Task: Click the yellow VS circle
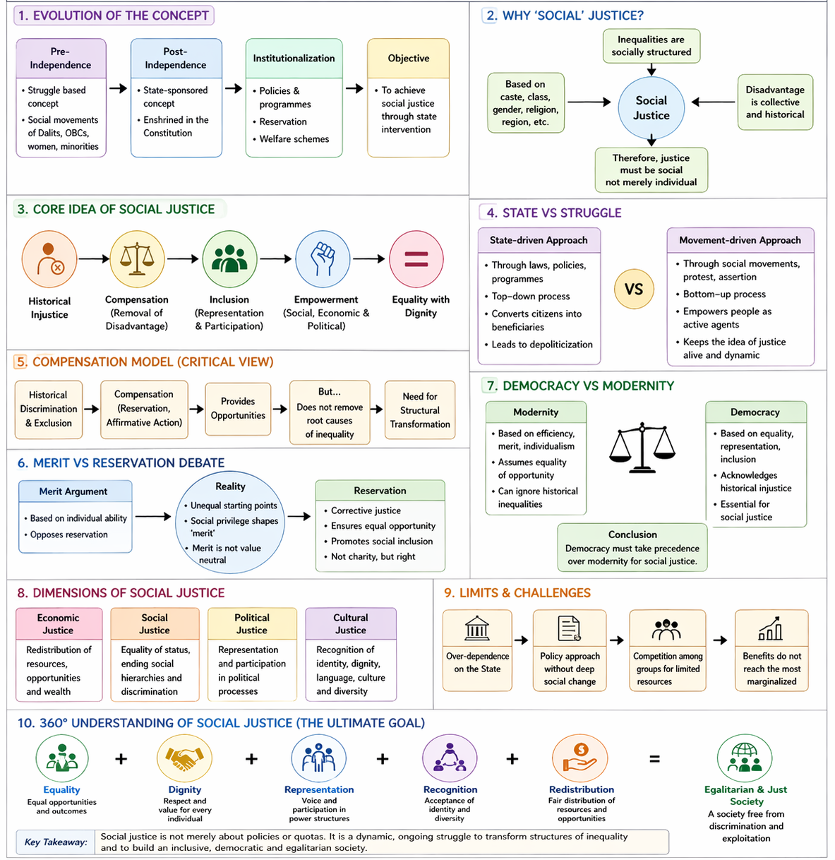pos(634,289)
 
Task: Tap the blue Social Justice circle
pos(651,107)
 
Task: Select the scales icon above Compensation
pos(137,259)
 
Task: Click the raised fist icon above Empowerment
pos(323,259)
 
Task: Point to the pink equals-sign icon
pos(416,259)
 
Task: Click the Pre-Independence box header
pos(61,59)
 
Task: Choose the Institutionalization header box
pos(294,59)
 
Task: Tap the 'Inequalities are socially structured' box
pos(651,46)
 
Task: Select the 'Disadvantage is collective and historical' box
pos(774,102)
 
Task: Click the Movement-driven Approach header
pos(740,240)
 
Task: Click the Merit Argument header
pos(74,491)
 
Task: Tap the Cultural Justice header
pos(351,623)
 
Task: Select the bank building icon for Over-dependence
pos(477,628)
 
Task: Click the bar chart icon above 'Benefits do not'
pos(770,628)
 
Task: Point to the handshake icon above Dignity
pos(184,759)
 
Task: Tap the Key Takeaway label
pos(56,842)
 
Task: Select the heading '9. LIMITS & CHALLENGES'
pos(517,593)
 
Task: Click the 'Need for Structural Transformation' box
pos(419,410)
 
